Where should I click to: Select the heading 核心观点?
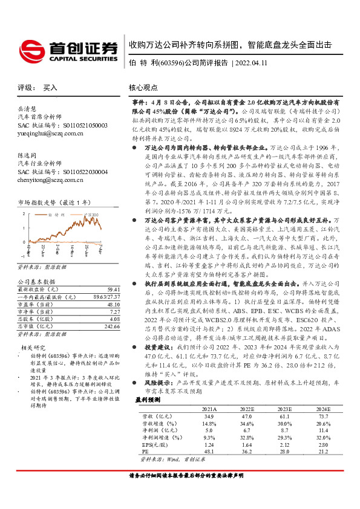145,88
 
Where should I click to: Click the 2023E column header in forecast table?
286,409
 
